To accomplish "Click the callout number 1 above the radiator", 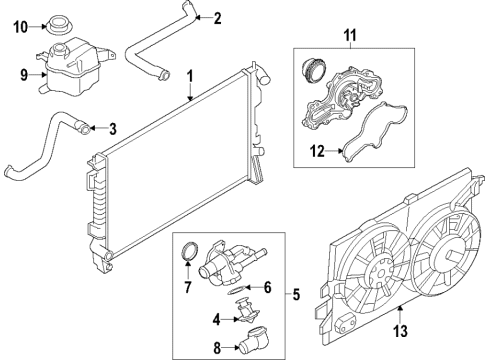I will click(190, 76).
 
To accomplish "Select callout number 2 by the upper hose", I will click(218, 16).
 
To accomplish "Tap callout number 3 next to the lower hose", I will click(113, 127).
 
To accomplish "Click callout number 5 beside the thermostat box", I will click(295, 294).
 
